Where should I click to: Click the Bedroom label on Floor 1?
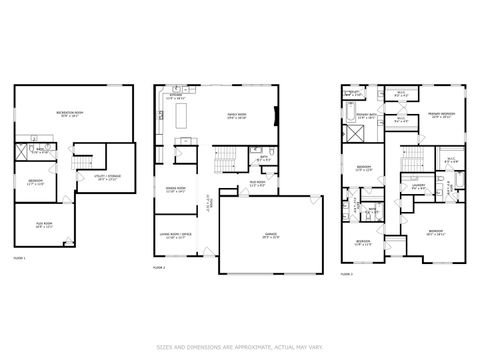coord(35,181)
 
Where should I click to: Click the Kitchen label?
coord(175,97)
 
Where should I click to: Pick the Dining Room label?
coord(176,189)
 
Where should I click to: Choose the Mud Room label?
coord(255,183)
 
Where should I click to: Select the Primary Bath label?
coord(366,116)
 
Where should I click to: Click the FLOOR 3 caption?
coord(347,273)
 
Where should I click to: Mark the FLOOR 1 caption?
coord(19,258)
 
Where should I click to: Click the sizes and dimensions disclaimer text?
coord(240,347)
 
